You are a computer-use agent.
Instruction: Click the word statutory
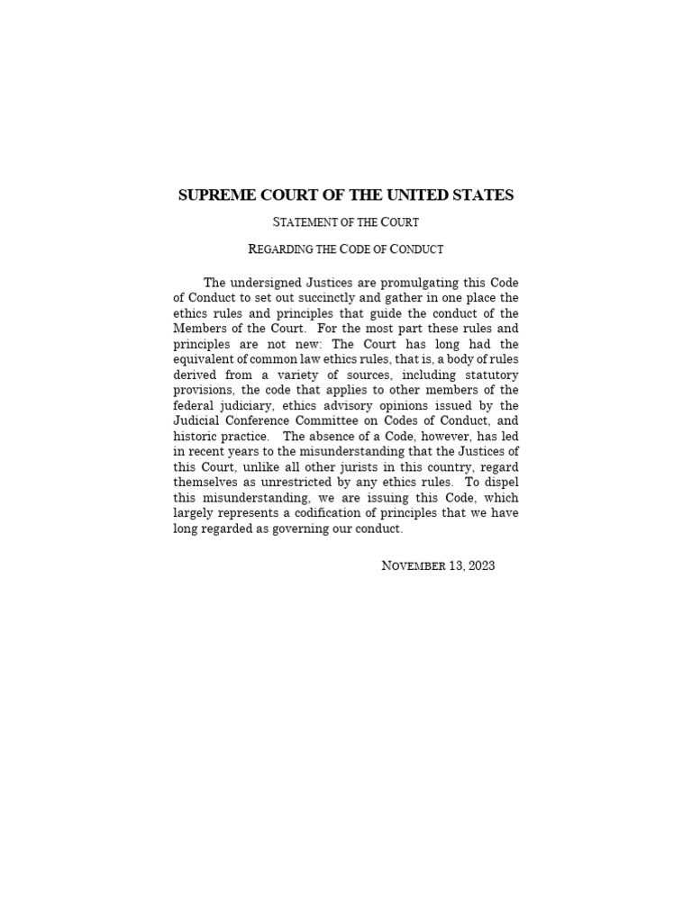[490, 374]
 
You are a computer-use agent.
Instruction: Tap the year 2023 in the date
[477, 566]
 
